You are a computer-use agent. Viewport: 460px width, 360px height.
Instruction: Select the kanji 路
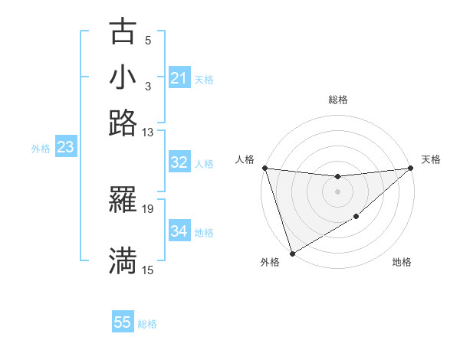(x=123, y=123)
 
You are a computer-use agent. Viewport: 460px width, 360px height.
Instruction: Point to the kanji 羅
(x=123, y=200)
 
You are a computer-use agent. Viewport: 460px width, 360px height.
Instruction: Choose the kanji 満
(x=123, y=260)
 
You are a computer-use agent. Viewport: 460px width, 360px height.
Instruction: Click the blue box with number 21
(x=179, y=78)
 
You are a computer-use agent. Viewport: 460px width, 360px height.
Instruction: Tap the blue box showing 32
(x=179, y=162)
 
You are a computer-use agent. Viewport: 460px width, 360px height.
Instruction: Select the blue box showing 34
(x=179, y=231)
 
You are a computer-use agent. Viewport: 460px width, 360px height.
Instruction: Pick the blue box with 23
(x=65, y=148)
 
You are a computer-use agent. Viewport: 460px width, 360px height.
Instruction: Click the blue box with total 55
(x=123, y=322)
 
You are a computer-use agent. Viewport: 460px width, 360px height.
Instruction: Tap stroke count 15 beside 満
(x=147, y=270)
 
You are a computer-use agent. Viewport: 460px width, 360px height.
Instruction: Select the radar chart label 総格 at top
(x=338, y=100)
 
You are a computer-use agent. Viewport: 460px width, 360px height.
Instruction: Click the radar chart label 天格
(x=431, y=159)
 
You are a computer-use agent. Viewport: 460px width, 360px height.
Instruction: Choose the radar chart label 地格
(x=402, y=263)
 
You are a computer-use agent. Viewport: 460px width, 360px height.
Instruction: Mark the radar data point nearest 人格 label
(x=264, y=168)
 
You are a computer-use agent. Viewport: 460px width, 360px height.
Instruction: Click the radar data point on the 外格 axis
(x=292, y=254)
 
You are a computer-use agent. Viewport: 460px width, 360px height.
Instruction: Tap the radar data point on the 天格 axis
(x=411, y=168)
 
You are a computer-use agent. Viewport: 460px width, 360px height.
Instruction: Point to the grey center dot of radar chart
(x=338, y=191)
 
